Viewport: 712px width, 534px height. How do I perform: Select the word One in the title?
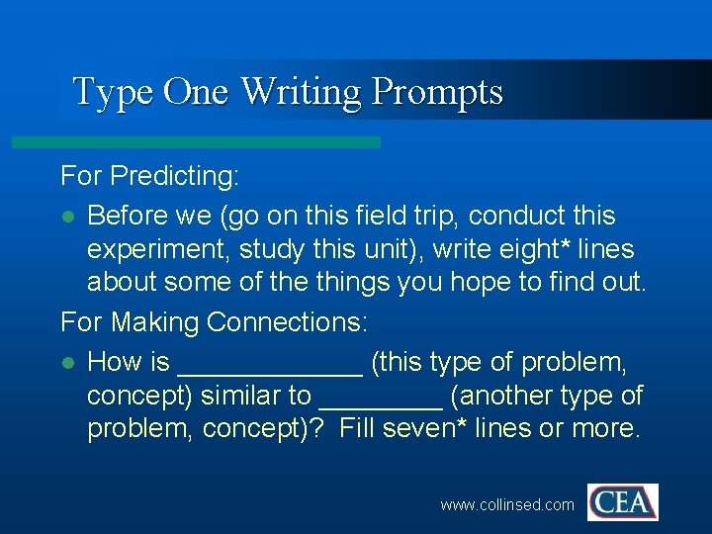coord(196,92)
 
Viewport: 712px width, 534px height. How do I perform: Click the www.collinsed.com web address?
coord(506,504)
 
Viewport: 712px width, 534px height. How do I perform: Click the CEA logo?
coord(622,502)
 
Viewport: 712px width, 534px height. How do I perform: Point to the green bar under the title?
coord(196,142)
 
